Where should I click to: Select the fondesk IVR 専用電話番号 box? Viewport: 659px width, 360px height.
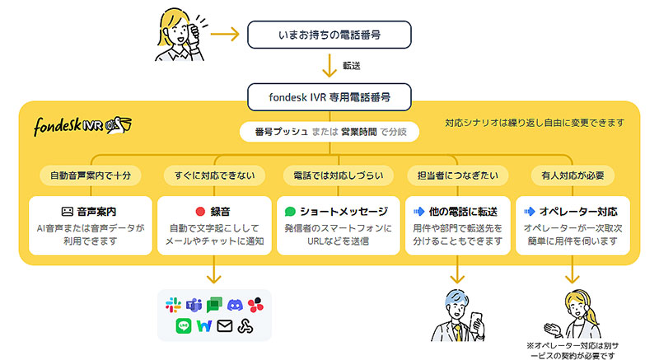[x=329, y=96]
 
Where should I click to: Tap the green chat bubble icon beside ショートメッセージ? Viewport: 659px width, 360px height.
[x=292, y=211]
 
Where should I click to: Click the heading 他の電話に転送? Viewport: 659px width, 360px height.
[x=465, y=211]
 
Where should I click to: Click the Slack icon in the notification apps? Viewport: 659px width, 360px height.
[x=173, y=305]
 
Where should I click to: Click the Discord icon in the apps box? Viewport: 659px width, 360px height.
[x=236, y=305]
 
